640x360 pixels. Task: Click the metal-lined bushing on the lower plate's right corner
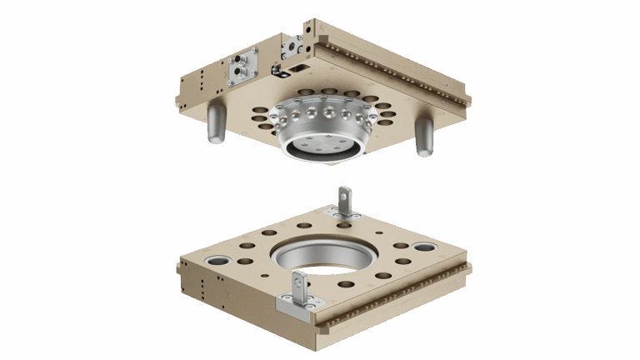[x=423, y=247]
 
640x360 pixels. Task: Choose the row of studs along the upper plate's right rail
[x=392, y=67]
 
